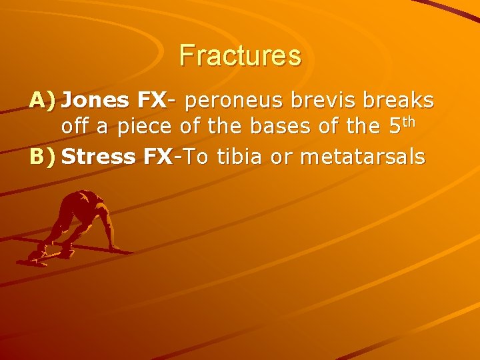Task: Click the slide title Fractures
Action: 240,55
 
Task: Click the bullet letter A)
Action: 43,101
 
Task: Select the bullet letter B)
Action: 43,157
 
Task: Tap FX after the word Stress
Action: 159,157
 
